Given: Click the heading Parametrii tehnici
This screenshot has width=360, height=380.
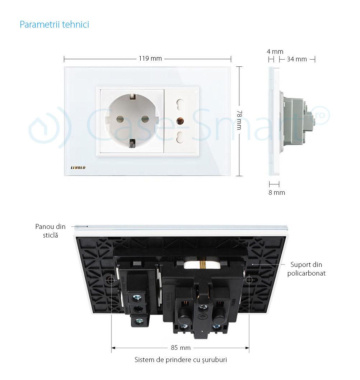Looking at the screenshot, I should click(54, 24).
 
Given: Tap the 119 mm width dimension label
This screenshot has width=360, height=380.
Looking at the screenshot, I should click(150, 58).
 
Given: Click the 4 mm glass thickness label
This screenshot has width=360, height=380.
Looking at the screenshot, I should click(275, 52).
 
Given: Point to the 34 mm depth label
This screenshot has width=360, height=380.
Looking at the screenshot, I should click(297, 59).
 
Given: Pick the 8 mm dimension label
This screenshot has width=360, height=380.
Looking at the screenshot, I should click(276, 193).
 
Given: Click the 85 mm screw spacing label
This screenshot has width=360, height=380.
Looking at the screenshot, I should click(180, 348).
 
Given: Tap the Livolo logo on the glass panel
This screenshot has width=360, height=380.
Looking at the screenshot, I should click(78, 168).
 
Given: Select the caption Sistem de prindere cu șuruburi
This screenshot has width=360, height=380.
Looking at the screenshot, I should click(181, 360).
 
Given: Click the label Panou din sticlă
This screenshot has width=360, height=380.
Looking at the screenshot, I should click(51, 231).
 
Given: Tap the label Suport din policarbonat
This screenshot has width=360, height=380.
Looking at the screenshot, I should click(306, 269).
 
